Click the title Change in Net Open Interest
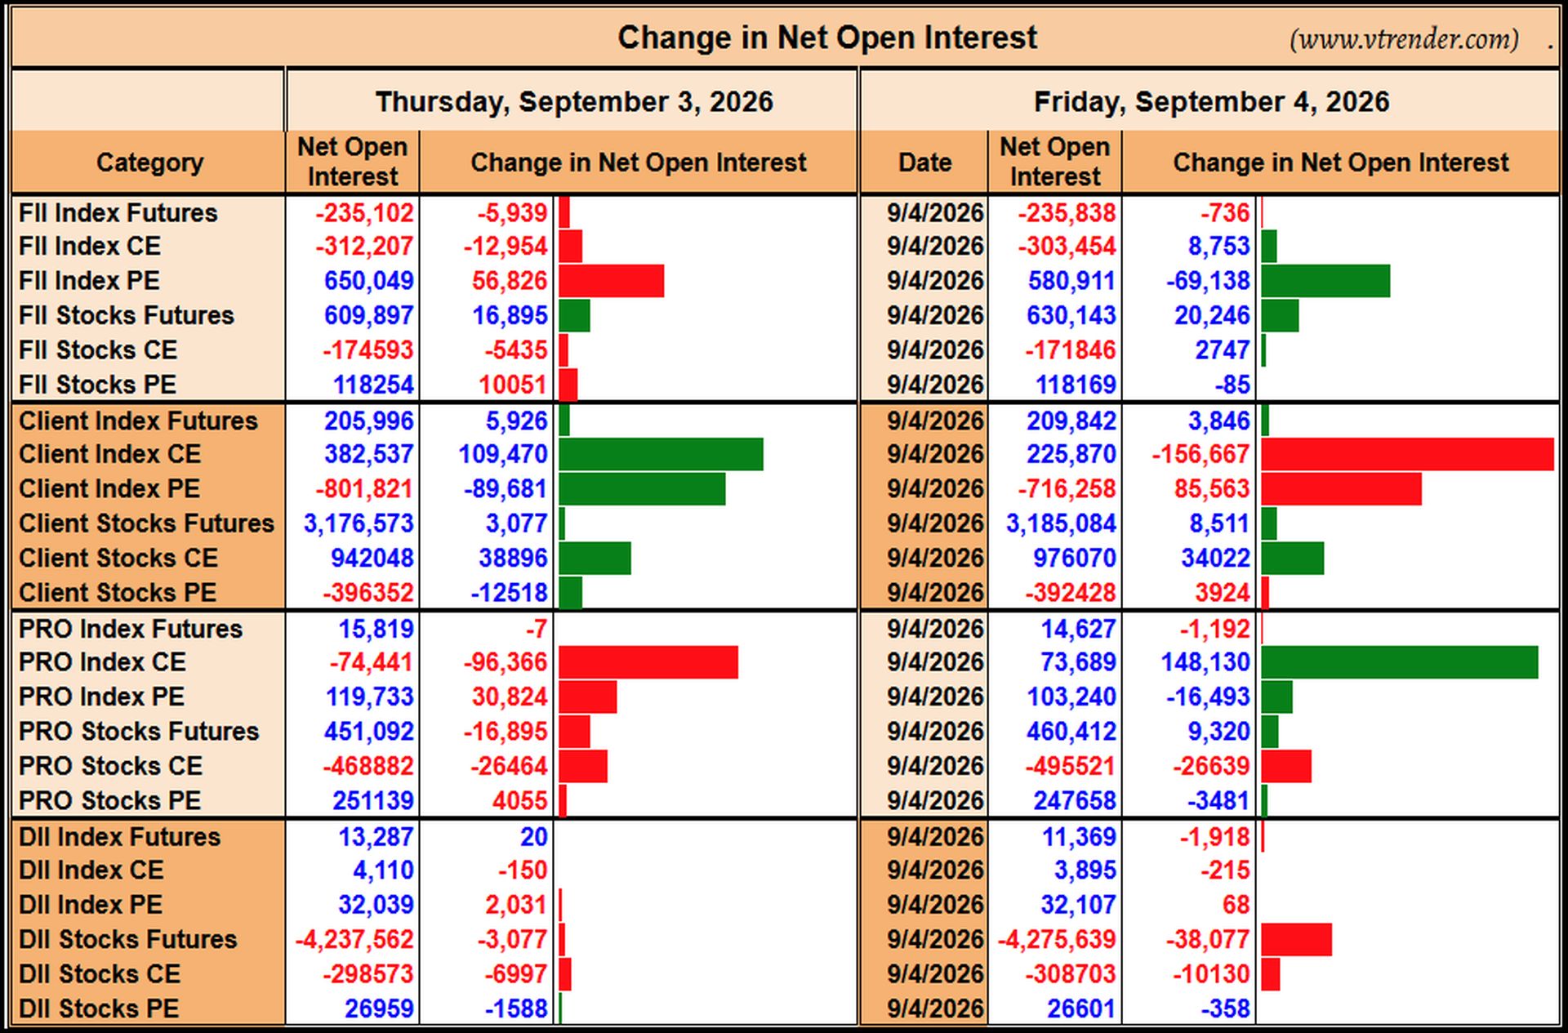tap(826, 38)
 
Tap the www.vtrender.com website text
tap(1404, 39)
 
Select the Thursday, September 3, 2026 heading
tap(574, 102)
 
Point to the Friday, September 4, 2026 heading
tap(1211, 102)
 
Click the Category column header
tap(149, 163)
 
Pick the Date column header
tap(924, 162)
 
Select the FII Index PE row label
tap(89, 281)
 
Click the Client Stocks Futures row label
tap(146, 523)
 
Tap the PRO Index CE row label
tap(102, 662)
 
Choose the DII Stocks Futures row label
tap(127, 940)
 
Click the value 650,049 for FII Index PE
tap(369, 281)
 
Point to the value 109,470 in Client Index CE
tap(503, 454)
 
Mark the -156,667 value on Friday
tap(1200, 454)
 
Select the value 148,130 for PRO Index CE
tap(1205, 662)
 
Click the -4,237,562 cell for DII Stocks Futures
tap(354, 940)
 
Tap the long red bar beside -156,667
tap(1407, 454)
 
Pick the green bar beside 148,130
tap(1399, 662)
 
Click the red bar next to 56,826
tap(612, 281)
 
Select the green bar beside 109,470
tap(661, 454)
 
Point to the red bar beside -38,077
tap(1296, 940)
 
